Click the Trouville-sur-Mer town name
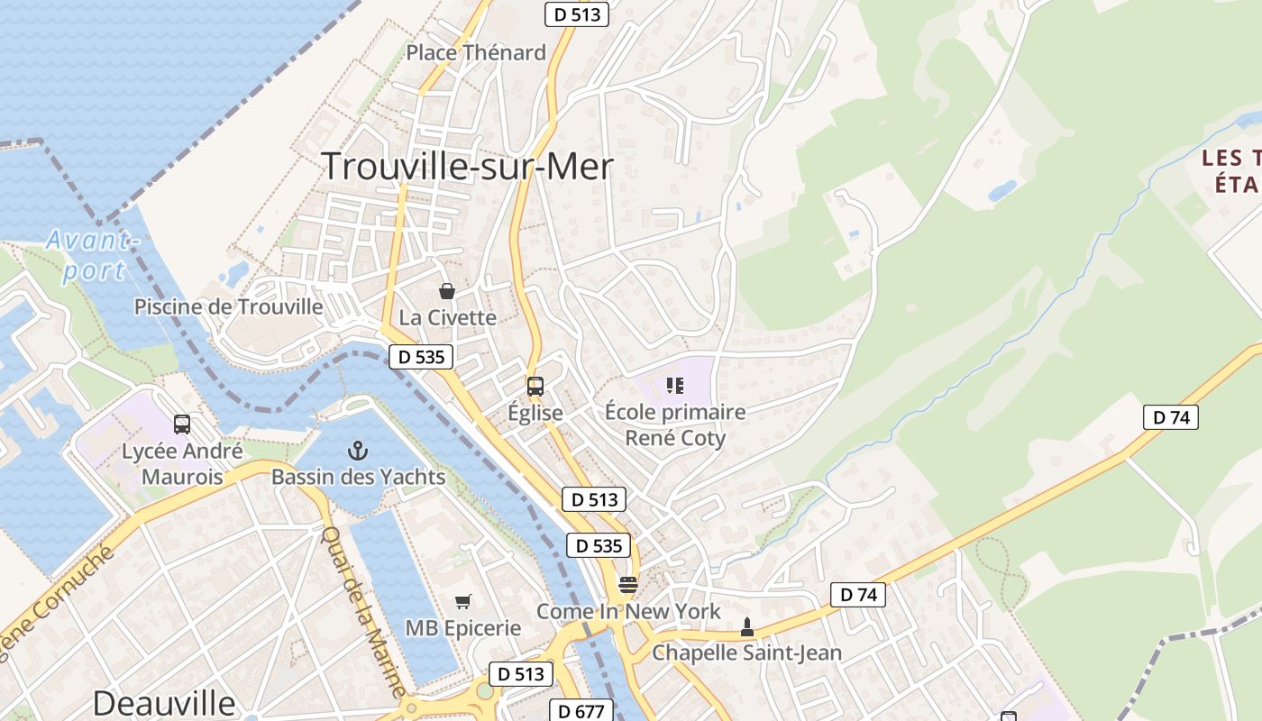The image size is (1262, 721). (x=467, y=167)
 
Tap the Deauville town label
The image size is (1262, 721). (x=163, y=703)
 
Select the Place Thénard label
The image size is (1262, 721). (x=476, y=52)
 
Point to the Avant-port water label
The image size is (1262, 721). (x=93, y=255)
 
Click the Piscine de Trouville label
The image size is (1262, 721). (x=228, y=306)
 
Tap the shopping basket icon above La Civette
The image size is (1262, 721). (x=446, y=290)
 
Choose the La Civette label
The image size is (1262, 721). (x=448, y=317)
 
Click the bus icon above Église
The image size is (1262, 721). (x=535, y=387)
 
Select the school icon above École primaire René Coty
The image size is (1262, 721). (x=675, y=386)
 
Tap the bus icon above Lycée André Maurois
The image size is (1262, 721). (x=182, y=424)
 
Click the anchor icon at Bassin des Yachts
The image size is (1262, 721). (x=359, y=450)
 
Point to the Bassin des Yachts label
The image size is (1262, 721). (x=359, y=477)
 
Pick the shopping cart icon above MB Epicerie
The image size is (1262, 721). (x=463, y=601)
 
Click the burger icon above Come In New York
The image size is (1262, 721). (x=628, y=585)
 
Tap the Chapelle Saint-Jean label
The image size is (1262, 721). (x=746, y=653)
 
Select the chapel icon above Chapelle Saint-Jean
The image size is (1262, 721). (x=746, y=626)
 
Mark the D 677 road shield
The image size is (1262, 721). (x=581, y=711)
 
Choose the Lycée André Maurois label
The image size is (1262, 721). (x=182, y=463)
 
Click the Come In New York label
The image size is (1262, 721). (x=628, y=611)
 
